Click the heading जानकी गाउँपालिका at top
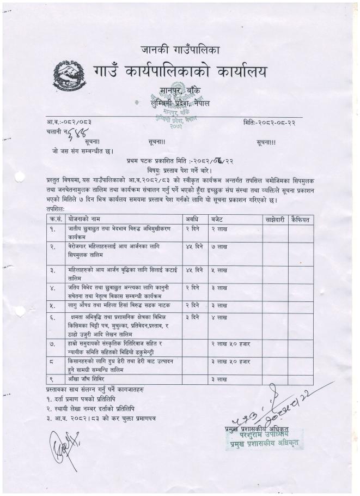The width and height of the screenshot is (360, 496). [x=180, y=51]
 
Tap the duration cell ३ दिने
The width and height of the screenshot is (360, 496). [x=191, y=317]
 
